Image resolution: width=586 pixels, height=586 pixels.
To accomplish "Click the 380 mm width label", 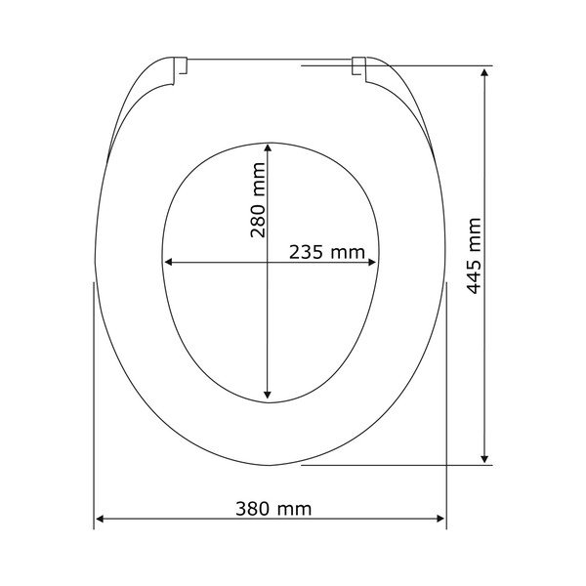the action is click(273, 509).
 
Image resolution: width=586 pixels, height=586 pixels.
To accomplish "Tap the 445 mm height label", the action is click(475, 256).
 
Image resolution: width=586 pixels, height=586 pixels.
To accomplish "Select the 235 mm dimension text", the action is click(327, 252).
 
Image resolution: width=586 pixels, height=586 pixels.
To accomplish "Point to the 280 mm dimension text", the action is click(258, 200).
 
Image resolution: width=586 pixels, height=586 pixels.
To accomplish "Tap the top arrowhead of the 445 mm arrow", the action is click(484, 72).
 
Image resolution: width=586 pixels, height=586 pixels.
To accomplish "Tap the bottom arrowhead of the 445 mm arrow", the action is click(484, 459).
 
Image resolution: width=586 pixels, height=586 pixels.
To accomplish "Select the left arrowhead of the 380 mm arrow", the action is click(100, 519).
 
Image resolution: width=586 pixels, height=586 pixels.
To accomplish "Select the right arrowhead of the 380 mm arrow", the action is click(440, 519).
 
